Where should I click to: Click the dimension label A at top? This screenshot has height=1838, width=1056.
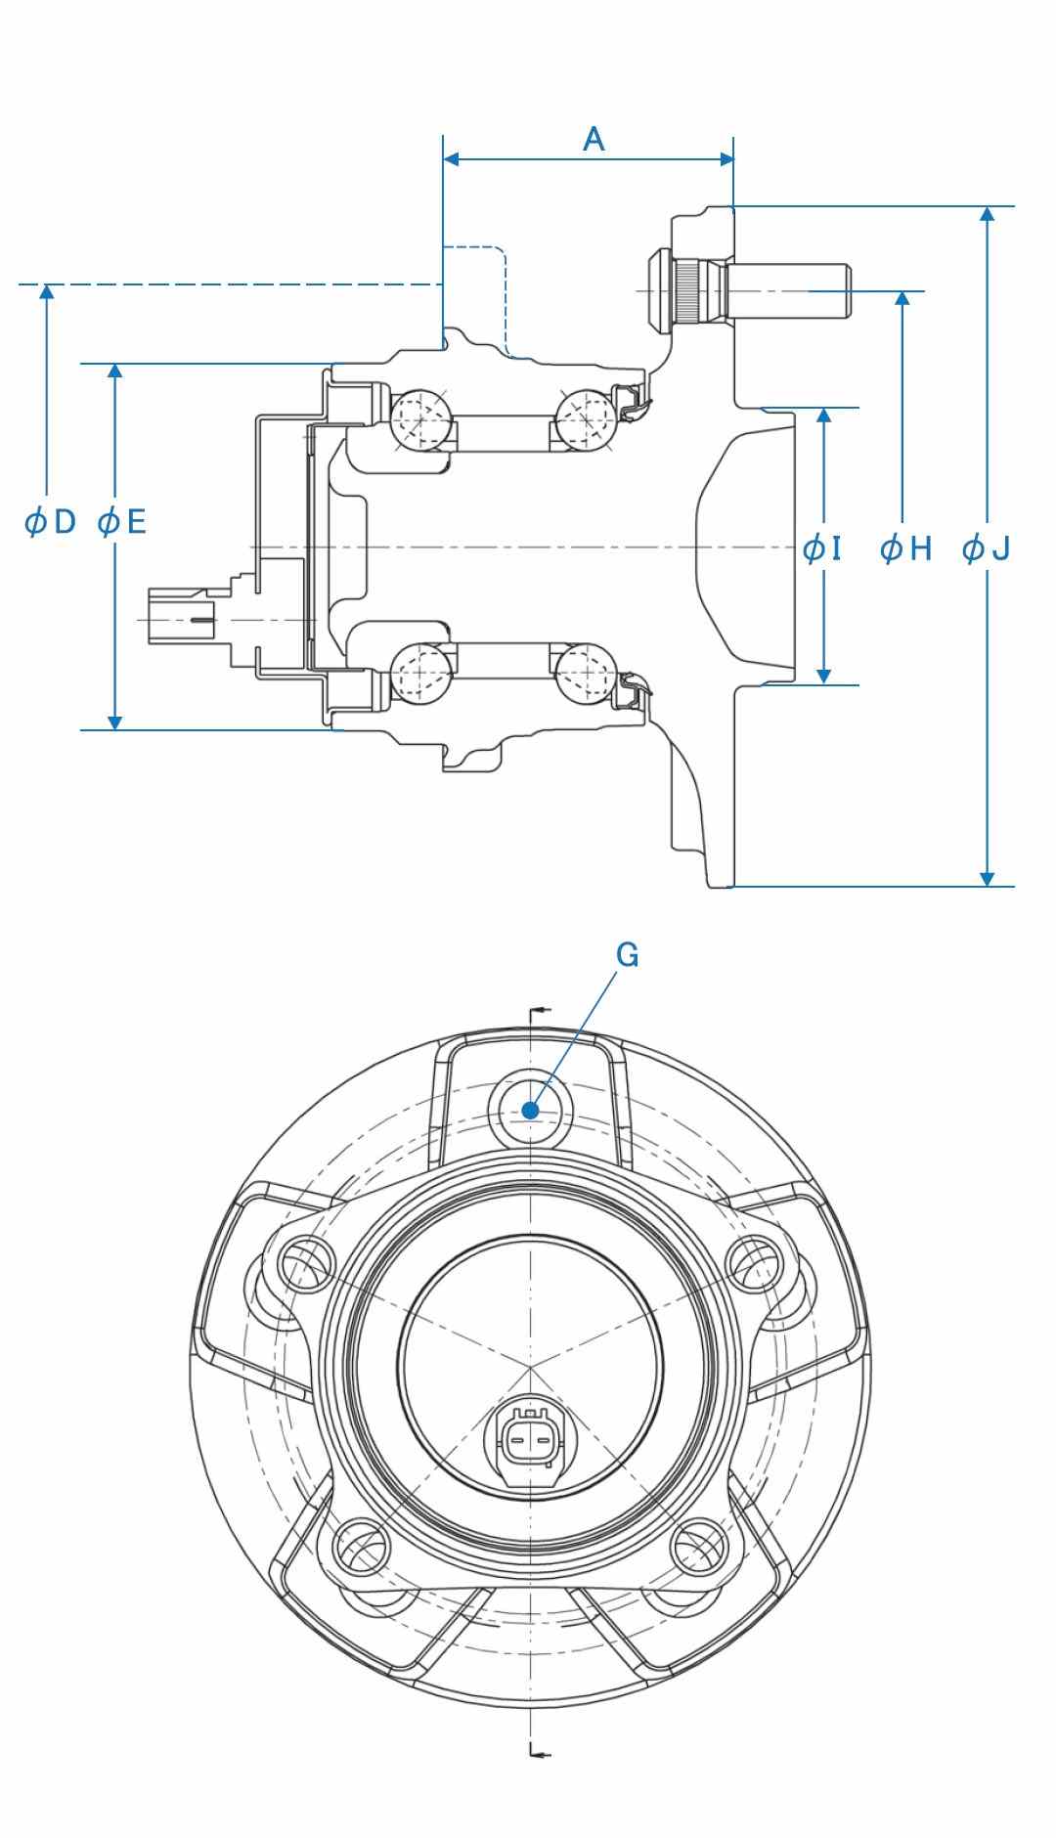tap(594, 140)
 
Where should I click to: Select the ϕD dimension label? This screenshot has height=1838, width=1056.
tap(50, 522)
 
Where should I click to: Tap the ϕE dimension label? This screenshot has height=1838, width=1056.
tap(122, 522)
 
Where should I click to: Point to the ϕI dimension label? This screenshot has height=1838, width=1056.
tap(822, 548)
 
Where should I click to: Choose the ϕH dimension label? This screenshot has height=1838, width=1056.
tap(906, 548)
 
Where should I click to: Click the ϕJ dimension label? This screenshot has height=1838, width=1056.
tap(986, 548)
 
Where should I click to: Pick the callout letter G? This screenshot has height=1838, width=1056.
tap(628, 955)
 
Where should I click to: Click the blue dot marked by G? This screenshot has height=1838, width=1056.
tap(530, 1110)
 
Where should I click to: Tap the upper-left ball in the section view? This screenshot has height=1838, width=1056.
tap(420, 418)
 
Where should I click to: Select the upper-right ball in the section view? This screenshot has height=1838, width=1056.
tap(585, 418)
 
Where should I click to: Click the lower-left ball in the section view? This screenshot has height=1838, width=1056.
tap(420, 672)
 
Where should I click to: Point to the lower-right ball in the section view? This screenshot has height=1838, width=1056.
tap(585, 672)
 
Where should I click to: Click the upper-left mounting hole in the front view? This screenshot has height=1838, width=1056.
tap(306, 1264)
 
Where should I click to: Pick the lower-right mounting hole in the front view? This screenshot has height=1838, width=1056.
tap(699, 1548)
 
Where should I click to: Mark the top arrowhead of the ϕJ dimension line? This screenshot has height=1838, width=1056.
tap(988, 214)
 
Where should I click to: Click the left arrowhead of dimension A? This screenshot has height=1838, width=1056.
tap(451, 159)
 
